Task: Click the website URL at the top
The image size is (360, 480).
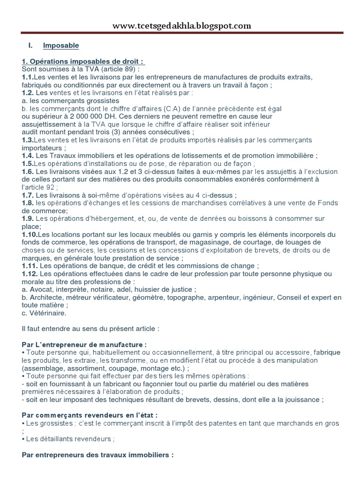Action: coord(181,26)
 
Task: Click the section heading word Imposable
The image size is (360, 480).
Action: coord(61,45)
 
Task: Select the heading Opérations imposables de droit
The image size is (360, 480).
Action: coord(83,62)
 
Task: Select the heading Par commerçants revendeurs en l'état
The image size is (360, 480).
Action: coord(90,415)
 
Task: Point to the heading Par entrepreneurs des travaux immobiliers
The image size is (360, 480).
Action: coord(98,455)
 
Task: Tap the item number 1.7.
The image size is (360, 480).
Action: coord(28,195)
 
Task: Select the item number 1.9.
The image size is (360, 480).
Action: coord(28,218)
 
